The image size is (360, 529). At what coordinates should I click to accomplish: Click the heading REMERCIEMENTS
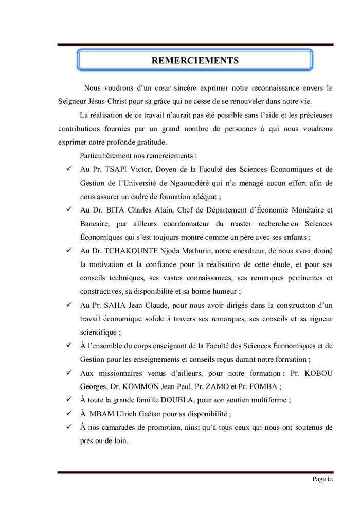[x=195, y=61]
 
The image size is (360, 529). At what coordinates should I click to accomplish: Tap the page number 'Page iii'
[x=323, y=479]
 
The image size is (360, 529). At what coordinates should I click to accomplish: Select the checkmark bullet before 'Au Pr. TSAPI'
[x=68, y=169]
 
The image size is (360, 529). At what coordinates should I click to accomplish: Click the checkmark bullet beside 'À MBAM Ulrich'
[x=68, y=413]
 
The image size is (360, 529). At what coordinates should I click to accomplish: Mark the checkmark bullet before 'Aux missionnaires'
[x=68, y=373]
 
